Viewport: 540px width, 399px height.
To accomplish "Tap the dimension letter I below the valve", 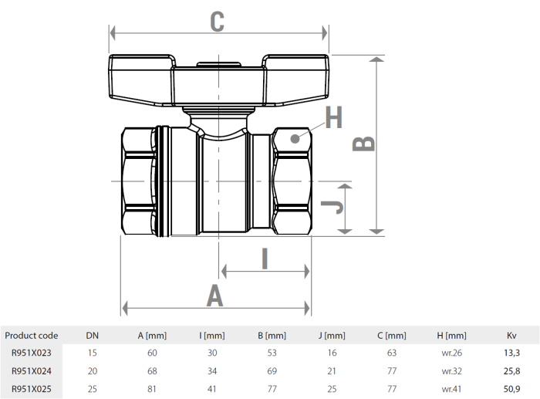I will pos(264,259).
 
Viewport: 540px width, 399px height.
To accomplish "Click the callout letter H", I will pos(333,117).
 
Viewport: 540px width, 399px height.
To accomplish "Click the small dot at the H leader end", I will pos(294,138).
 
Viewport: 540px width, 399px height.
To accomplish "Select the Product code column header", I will pos(31,336).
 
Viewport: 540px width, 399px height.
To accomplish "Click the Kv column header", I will pos(511,336).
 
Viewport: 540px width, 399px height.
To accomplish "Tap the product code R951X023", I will pos(31,353).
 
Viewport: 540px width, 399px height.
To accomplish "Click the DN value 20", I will pos(92,370).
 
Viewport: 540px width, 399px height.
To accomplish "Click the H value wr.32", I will pos(452,370).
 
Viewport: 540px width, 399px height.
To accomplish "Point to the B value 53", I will pos(272,353).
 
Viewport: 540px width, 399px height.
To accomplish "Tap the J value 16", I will pos(332,353).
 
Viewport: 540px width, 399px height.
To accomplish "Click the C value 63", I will pos(392,353).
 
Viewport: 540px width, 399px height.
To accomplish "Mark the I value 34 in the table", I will pos(212,370).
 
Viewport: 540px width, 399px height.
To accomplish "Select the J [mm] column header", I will pos(332,336).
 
